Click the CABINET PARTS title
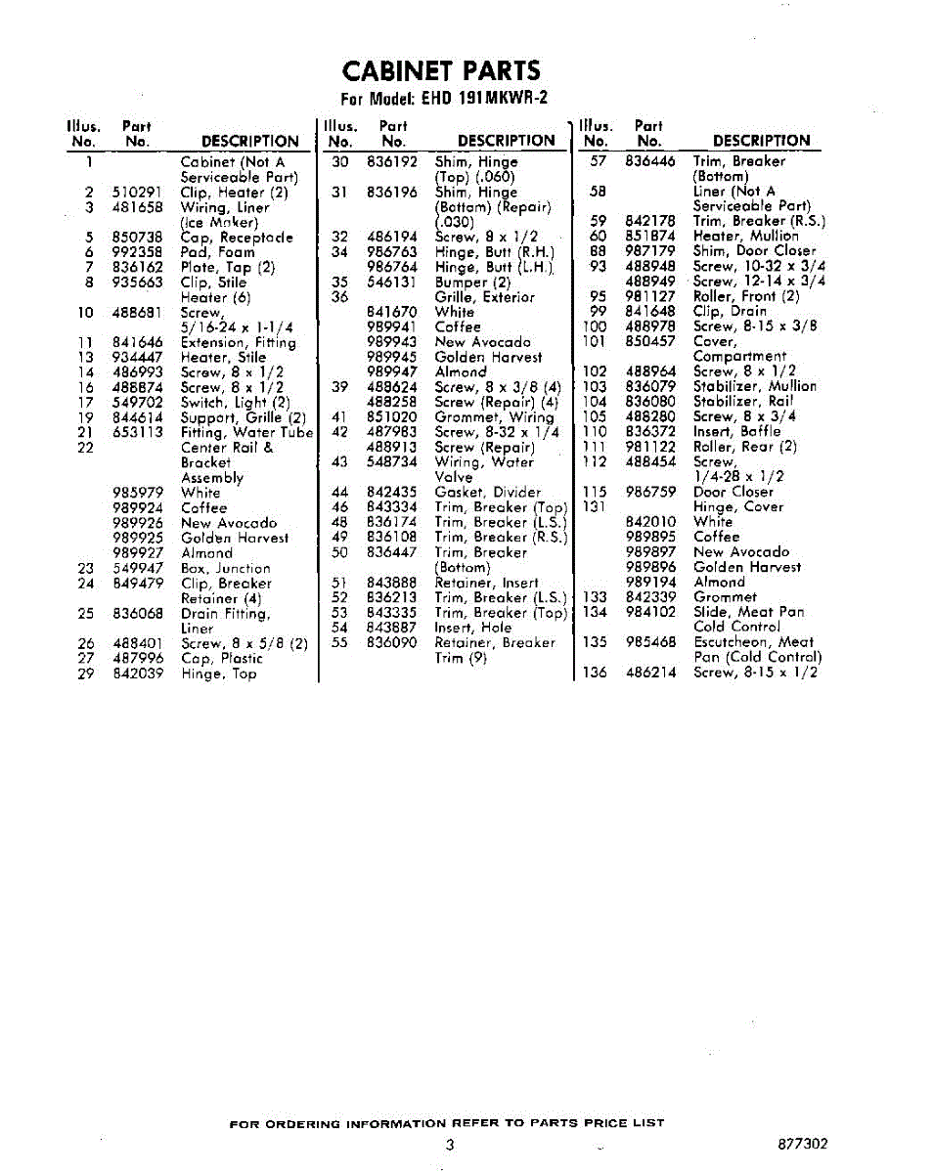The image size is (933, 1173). coord(441,71)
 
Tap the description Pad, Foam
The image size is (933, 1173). coord(217,252)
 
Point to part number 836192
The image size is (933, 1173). coord(391,162)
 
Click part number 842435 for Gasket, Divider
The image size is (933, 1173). coord(391,493)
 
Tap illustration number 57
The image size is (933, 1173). coord(599,161)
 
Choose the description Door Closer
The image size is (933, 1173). coord(733,493)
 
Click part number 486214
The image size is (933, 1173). coord(650,673)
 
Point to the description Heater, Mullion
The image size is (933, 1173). coord(745,237)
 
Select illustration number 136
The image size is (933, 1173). coord(595,673)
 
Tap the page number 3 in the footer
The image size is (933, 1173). coord(449,1145)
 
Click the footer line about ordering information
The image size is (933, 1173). coord(446,1123)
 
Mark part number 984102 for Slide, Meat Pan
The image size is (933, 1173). coord(650,612)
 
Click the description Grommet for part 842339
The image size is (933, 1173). coord(725,597)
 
